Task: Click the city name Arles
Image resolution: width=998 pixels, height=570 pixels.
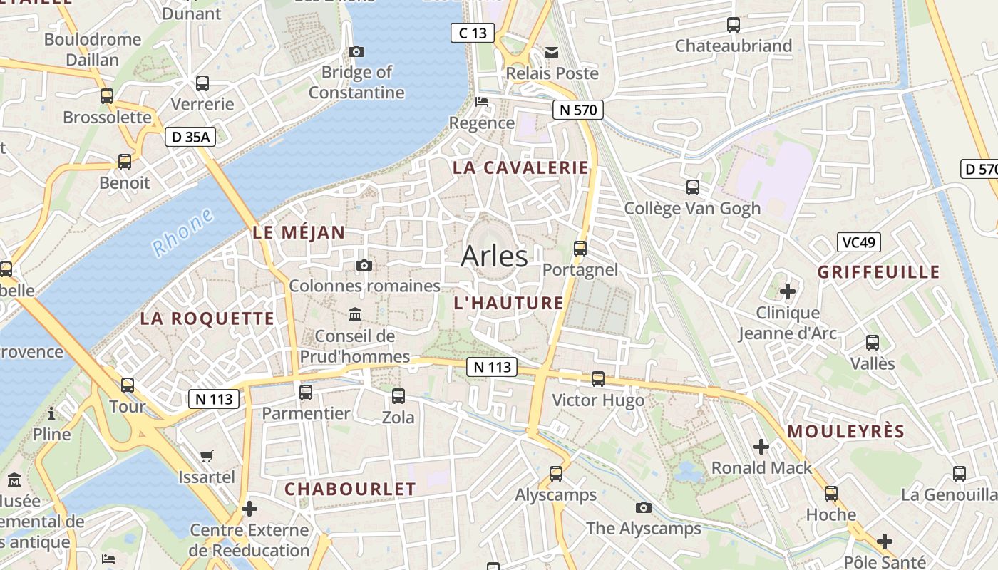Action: click(494, 256)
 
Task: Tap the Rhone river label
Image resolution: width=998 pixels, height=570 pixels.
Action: click(183, 233)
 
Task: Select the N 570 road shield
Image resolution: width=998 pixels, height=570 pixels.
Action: click(577, 110)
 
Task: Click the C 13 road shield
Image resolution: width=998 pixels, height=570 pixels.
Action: click(473, 33)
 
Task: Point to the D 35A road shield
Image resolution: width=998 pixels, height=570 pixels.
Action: click(190, 138)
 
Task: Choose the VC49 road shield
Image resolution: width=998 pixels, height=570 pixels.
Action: click(858, 242)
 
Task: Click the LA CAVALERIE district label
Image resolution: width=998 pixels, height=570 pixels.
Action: click(521, 168)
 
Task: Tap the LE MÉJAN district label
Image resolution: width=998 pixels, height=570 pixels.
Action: click(299, 232)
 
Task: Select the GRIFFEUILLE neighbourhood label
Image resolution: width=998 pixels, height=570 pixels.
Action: click(878, 272)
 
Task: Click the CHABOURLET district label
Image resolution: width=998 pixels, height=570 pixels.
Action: click(350, 489)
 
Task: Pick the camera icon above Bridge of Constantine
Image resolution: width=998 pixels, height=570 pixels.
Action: click(356, 51)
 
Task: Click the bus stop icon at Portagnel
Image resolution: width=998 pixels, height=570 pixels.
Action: click(580, 249)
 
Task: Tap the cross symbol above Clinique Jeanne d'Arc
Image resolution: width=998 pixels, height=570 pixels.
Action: click(788, 291)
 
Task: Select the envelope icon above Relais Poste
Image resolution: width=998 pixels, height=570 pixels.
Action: click(552, 52)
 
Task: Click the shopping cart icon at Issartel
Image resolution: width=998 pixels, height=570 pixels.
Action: click(207, 456)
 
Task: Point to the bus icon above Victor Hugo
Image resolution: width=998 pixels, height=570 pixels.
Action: click(598, 379)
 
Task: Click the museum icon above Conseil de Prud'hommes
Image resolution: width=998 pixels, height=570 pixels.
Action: click(355, 314)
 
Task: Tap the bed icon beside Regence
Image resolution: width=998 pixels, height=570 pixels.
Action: click(483, 102)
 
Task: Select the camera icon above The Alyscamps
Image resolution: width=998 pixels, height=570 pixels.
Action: click(644, 507)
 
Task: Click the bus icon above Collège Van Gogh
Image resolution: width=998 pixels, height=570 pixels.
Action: click(692, 187)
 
